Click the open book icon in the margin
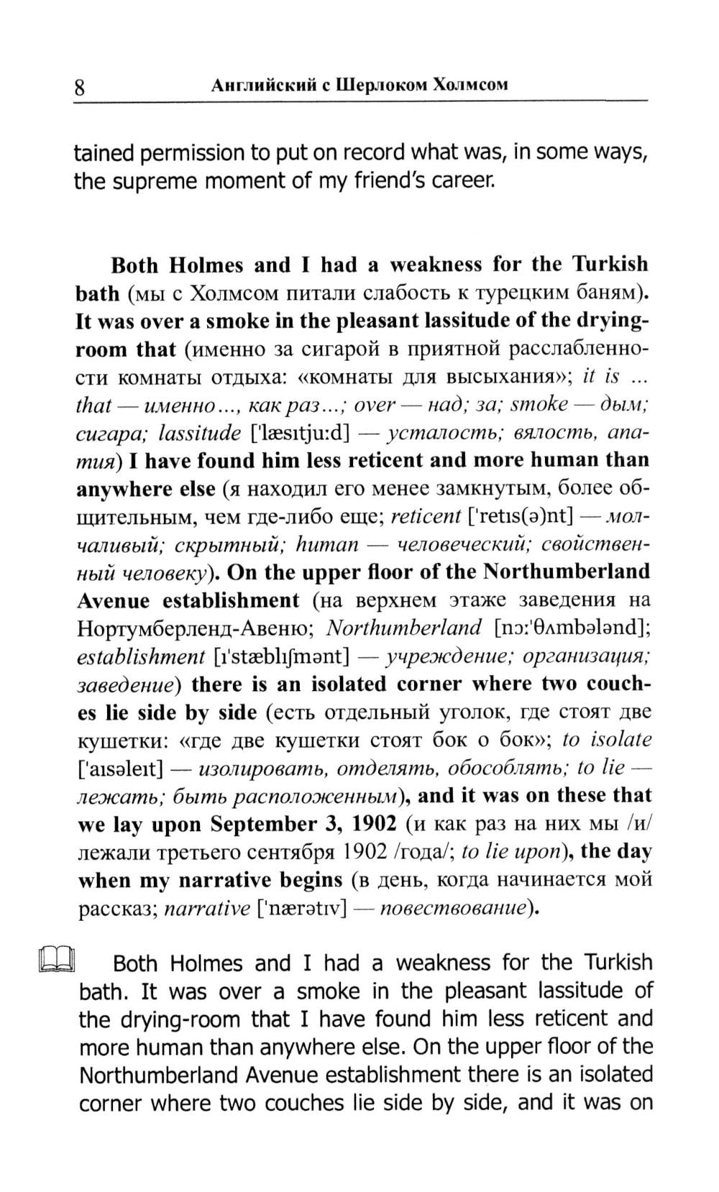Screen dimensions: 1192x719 tap(57, 961)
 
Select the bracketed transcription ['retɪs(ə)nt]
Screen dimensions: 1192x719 tap(520, 516)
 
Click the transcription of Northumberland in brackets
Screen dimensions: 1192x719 tap(572, 628)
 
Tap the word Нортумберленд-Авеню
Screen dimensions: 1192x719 tap(193, 628)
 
